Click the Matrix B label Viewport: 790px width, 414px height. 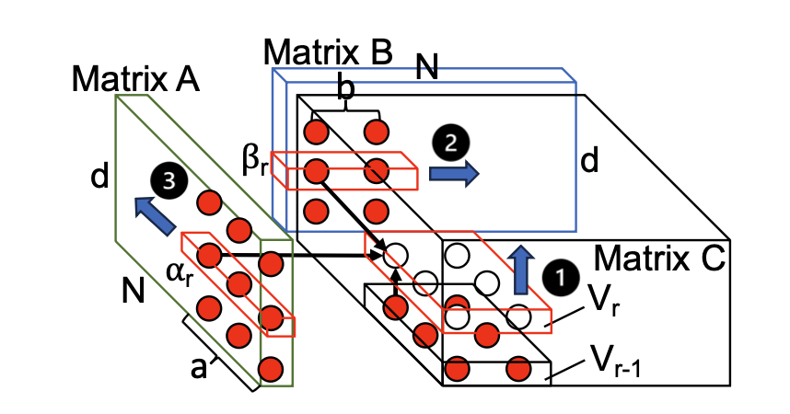(329, 52)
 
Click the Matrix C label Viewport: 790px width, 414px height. (659, 256)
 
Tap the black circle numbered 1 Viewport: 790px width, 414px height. (558, 275)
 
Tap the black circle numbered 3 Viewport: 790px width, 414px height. (168, 181)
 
